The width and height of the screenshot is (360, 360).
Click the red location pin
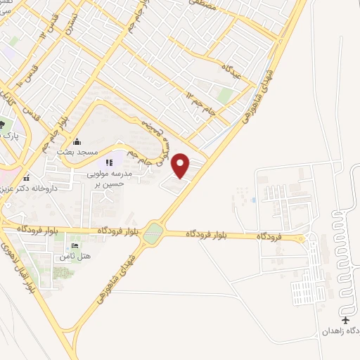click(x=181, y=165)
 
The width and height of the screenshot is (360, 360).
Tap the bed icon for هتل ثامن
click(x=75, y=245)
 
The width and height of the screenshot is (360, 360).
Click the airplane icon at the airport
click(x=345, y=319)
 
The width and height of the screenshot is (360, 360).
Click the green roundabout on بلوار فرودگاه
click(x=153, y=236)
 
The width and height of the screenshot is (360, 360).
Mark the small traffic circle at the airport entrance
click(x=304, y=238)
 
